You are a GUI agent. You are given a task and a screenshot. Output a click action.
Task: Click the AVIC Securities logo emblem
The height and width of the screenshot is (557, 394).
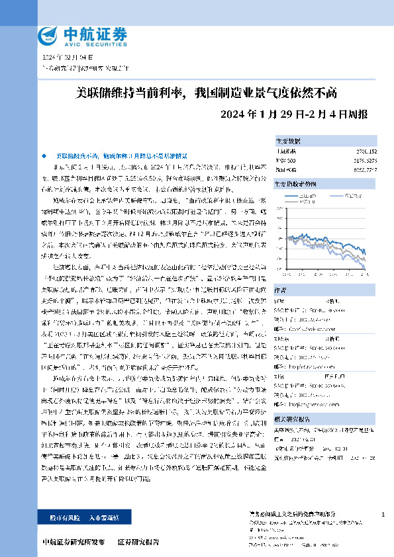[x=48, y=34]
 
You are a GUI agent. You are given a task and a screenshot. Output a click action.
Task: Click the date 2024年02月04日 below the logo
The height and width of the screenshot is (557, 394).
[x=64, y=57]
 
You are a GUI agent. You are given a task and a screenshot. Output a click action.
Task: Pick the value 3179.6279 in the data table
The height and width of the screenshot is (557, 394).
[x=366, y=160]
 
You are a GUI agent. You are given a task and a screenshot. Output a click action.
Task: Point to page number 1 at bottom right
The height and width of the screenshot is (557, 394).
[x=383, y=513]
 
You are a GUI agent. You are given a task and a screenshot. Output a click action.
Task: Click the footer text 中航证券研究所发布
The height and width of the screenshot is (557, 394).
[x=73, y=541]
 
